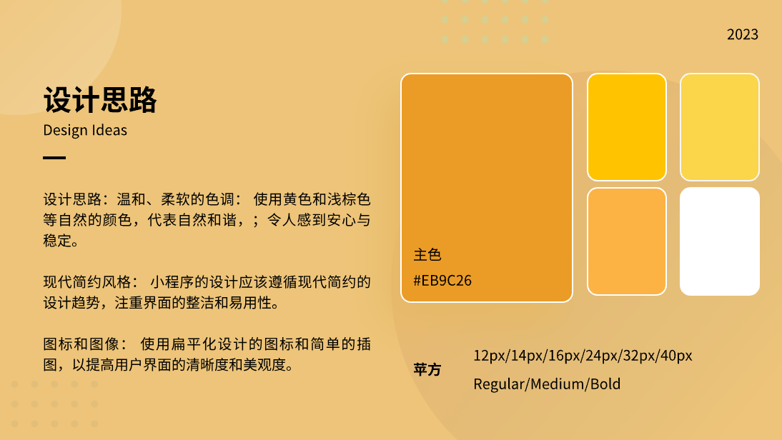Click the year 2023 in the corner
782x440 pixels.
(743, 34)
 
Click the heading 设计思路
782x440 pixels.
(100, 101)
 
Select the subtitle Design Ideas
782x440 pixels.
(85, 130)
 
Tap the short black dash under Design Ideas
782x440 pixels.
(54, 158)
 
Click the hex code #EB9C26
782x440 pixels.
(442, 280)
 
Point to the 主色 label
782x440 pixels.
(427, 255)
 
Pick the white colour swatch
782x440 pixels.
(719, 241)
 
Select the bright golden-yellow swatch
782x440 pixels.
(627, 127)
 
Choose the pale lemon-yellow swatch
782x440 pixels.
(719, 127)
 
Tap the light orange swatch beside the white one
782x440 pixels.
(627, 241)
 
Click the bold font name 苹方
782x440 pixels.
(427, 370)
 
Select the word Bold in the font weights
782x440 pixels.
(605, 384)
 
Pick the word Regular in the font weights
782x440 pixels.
(498, 384)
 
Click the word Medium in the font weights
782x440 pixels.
(555, 384)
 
